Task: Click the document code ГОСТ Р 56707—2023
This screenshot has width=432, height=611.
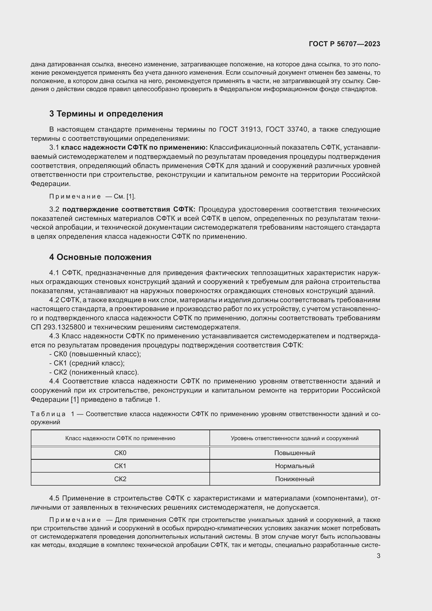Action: [345, 44]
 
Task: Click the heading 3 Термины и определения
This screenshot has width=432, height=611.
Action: [106, 114]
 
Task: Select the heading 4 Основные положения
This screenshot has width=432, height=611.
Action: [100, 257]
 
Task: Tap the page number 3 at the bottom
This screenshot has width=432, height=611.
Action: [378, 556]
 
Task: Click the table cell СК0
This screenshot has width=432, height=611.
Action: [120, 453]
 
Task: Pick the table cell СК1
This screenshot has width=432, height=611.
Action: [120, 466]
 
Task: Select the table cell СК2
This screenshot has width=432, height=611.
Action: [120, 479]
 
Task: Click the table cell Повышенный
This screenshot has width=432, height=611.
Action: [294, 453]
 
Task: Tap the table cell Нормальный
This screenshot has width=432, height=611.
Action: [294, 466]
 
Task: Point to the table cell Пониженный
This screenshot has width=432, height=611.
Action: [294, 479]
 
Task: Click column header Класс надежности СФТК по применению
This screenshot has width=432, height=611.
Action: [120, 438]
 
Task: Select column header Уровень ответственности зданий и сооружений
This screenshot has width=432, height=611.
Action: [294, 438]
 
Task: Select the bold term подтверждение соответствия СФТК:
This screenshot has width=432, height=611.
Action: [129, 210]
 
